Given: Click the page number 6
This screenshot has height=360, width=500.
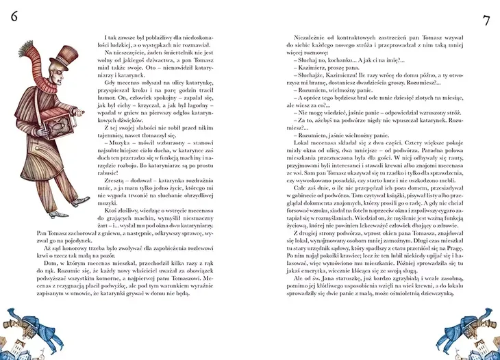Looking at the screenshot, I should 14,18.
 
